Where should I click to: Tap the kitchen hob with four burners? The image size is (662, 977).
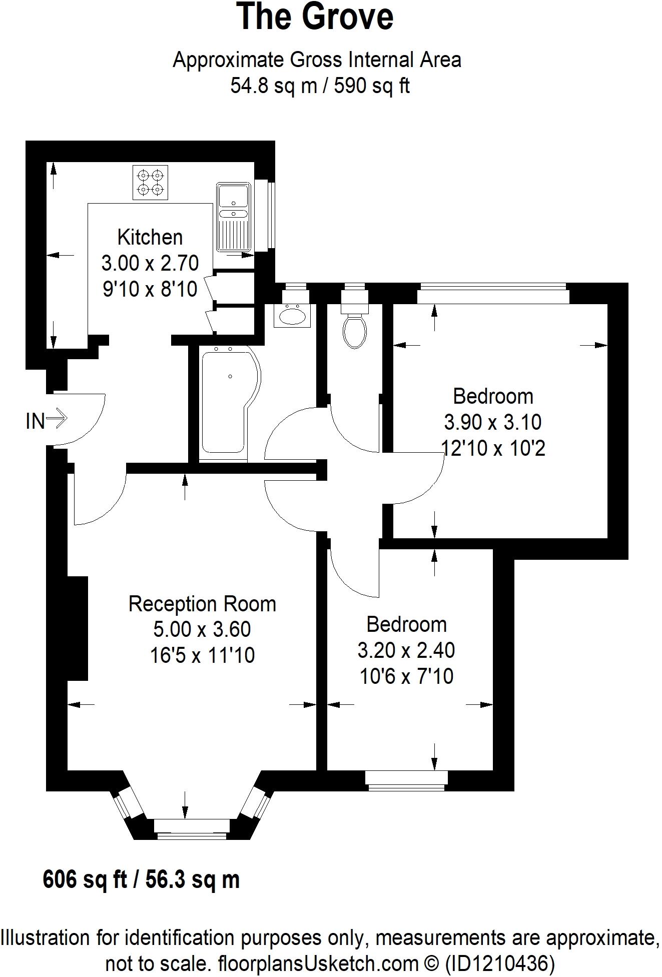151,183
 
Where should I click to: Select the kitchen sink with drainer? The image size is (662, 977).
233,217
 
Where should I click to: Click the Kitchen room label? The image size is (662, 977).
150,237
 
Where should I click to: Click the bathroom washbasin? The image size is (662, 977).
293,316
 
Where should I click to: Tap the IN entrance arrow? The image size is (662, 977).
47,420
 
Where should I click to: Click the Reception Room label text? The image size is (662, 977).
202,604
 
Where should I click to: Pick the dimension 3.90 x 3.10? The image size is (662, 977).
492,422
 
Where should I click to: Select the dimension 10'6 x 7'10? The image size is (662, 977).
406,676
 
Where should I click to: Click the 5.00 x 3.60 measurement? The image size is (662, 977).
202,629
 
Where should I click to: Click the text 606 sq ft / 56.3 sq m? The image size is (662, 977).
142,879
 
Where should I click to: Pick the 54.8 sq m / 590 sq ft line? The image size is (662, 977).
320,86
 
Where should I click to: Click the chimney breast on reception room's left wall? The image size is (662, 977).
78,628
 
